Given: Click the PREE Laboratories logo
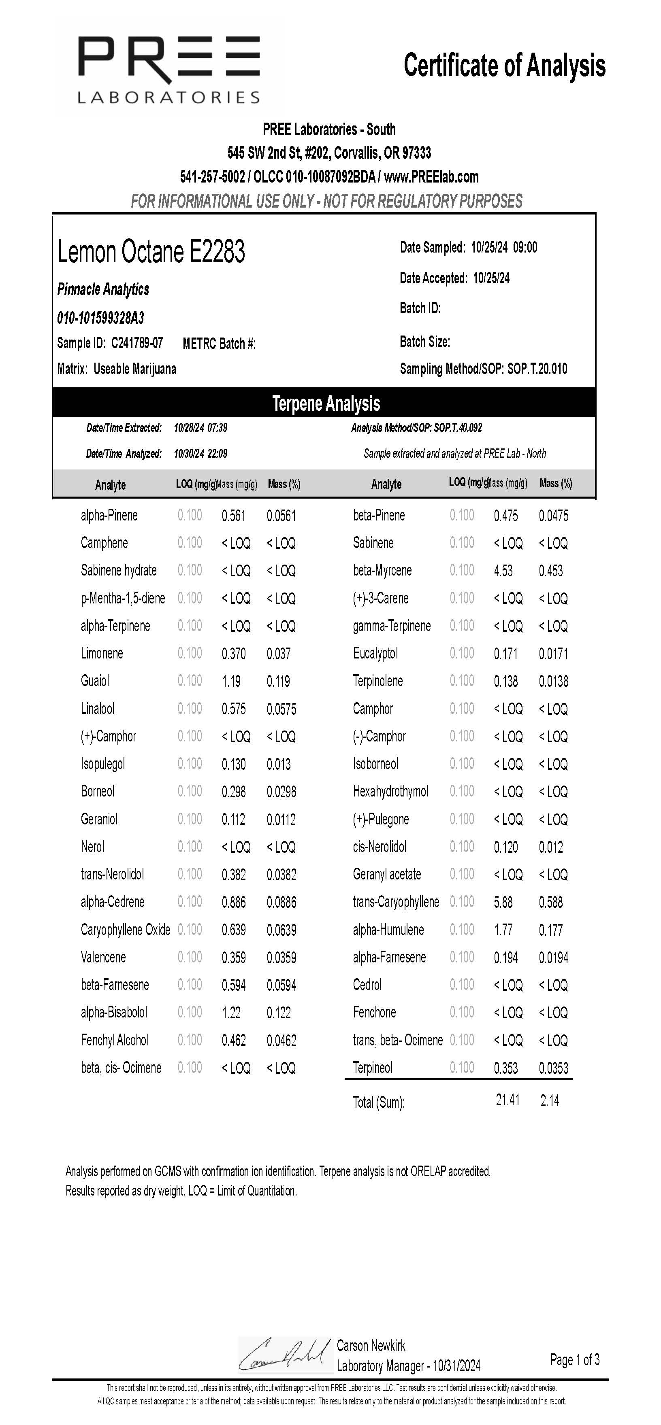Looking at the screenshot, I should click(169, 69).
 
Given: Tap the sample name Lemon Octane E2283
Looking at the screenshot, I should click(151, 252).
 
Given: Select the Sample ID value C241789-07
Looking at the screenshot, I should click(137, 343).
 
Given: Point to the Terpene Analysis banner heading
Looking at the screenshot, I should click(326, 403).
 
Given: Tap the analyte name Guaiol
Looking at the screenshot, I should click(95, 681).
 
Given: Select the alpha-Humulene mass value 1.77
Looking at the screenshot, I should click(503, 930).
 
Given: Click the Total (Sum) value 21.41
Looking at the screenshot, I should click(507, 1100).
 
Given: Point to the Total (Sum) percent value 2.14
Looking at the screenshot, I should click(550, 1101).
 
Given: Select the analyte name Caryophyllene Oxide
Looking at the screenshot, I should click(126, 930).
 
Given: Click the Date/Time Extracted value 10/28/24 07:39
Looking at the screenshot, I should click(200, 428).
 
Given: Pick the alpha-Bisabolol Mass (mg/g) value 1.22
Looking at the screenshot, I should click(231, 1013).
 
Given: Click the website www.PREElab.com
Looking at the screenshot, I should click(431, 177).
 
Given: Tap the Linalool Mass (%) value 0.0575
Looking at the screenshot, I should click(281, 709).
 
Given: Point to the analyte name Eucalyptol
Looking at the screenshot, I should click(375, 653).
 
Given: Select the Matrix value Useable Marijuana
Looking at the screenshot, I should click(135, 369).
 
